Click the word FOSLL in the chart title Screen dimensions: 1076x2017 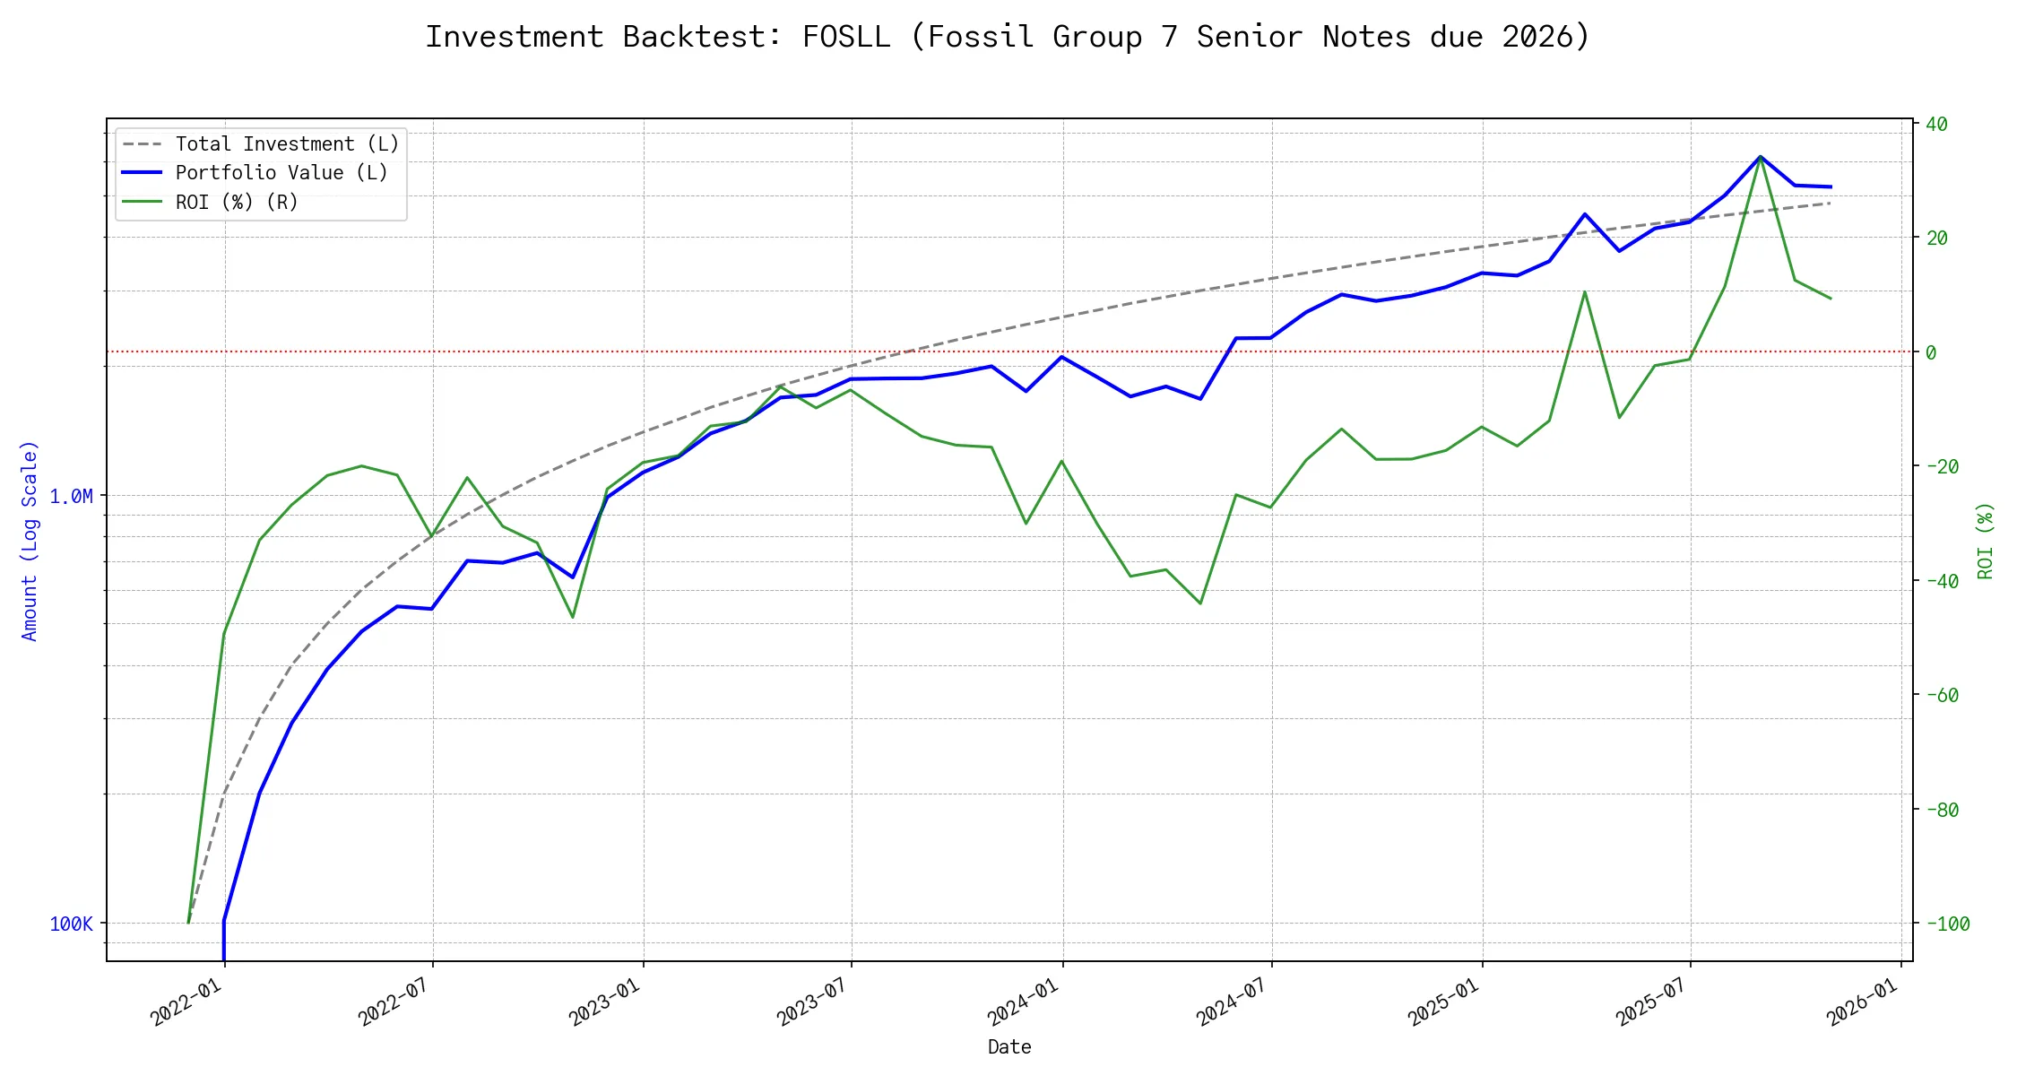pos(846,37)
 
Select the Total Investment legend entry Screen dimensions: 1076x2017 pos(286,144)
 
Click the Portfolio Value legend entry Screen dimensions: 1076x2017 pos(281,173)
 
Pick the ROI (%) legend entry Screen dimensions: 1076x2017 pos(236,203)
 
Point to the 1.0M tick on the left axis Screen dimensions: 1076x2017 pos(71,496)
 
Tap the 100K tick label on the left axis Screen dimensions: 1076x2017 pos(71,924)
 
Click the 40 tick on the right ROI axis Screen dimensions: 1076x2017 pos(1936,124)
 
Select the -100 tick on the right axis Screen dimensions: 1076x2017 pos(1947,924)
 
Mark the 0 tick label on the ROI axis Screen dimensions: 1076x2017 pos(1931,352)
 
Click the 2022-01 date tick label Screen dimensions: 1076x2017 pos(186,1002)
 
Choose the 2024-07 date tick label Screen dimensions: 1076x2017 pos(1232,1002)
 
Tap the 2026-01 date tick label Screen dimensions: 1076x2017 pos(1863,1002)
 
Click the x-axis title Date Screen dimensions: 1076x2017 pos(1009,1046)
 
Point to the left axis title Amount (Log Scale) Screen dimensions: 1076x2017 pos(30,540)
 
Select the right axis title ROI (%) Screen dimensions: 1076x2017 pos(1985,540)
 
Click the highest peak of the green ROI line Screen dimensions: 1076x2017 pos(1760,157)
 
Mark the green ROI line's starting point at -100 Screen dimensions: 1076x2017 pos(188,922)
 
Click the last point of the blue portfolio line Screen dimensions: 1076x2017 pos(1831,187)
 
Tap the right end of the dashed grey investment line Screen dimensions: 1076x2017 pos(1831,204)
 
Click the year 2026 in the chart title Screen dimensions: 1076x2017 pos(1537,37)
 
